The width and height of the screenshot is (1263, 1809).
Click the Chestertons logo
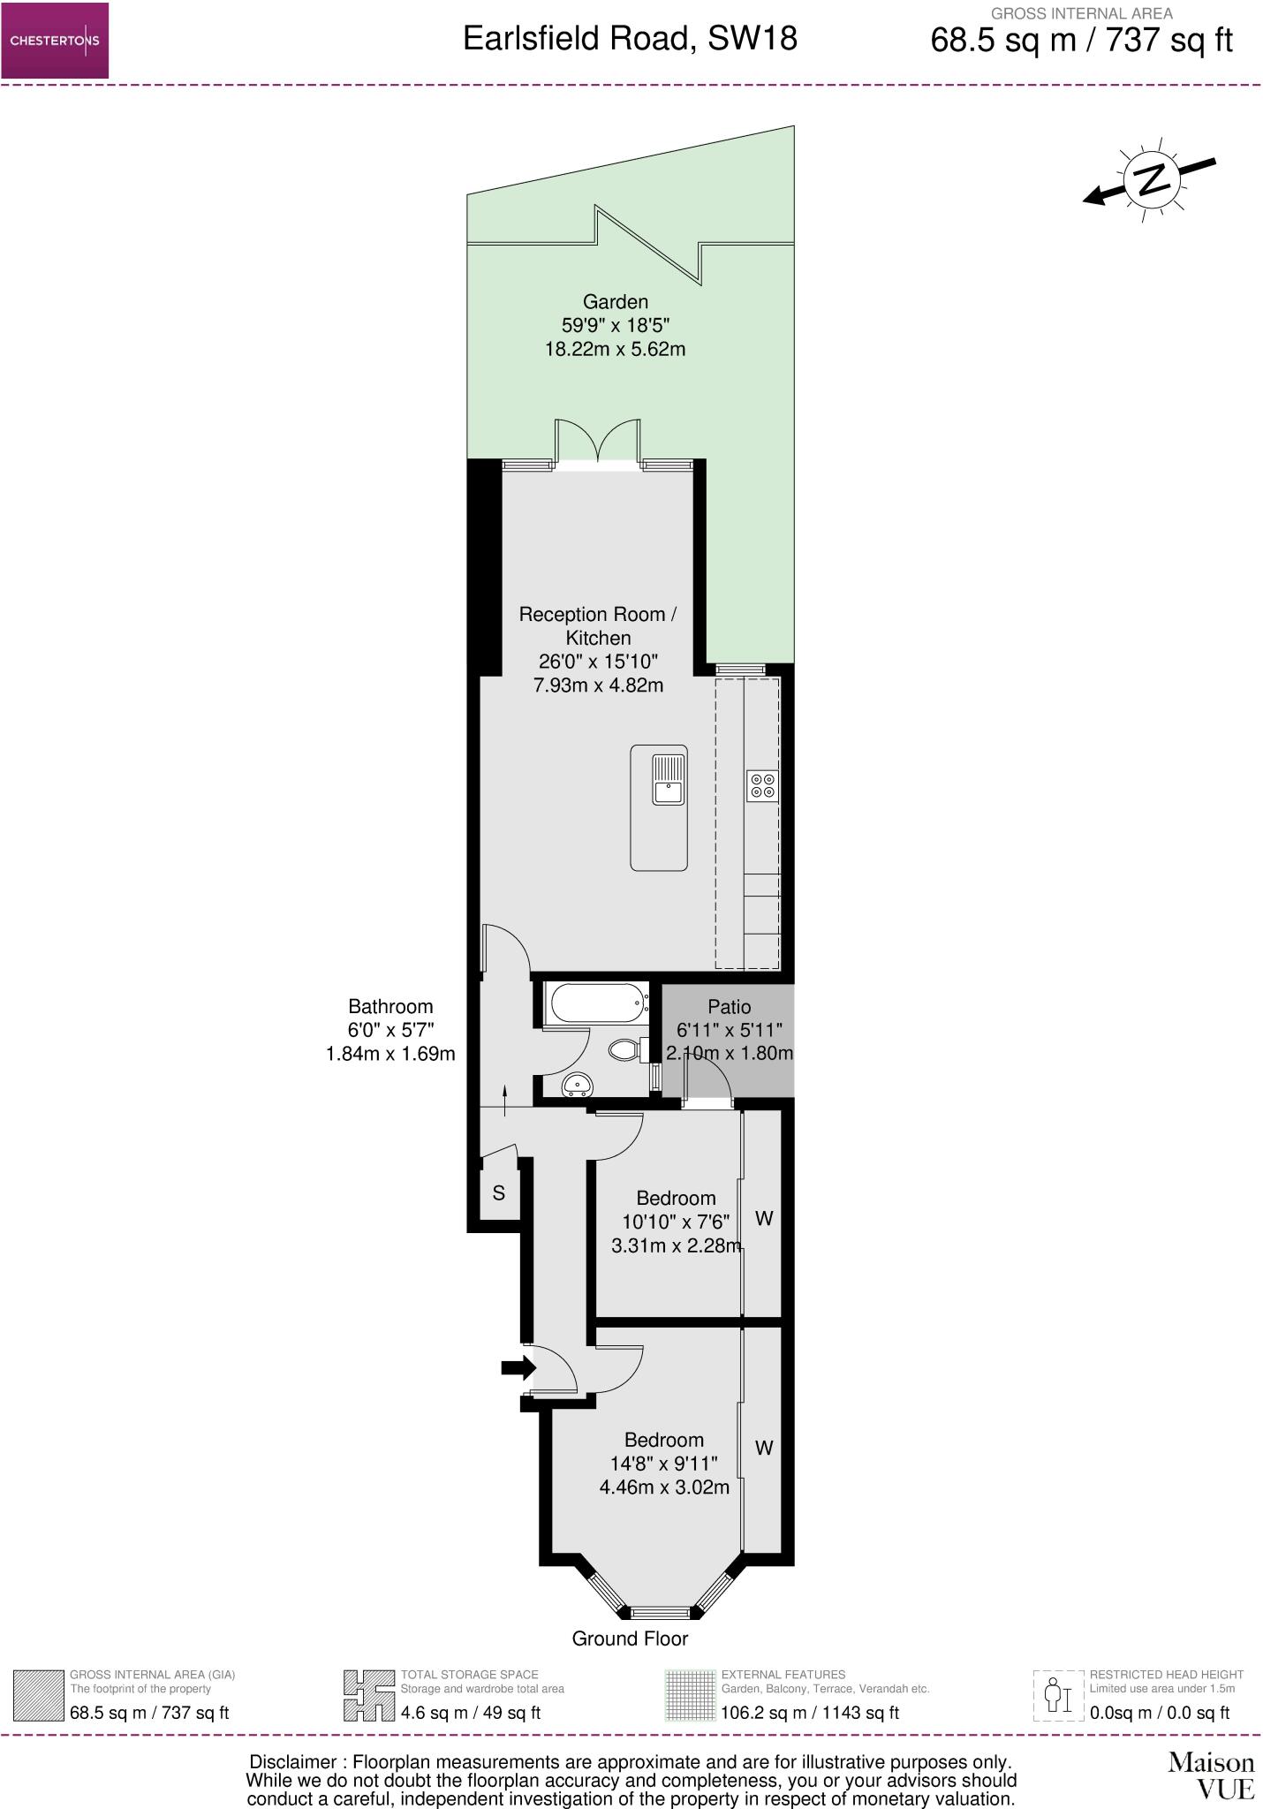55,41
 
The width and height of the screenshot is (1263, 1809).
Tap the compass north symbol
1152,180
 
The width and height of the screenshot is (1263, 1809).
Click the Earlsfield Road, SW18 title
630,39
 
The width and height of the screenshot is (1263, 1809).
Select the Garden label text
615,302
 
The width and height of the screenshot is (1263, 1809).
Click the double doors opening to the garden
598,442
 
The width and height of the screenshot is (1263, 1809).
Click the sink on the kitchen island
669,780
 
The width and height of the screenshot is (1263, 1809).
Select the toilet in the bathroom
625,1049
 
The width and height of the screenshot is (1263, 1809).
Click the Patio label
730,1007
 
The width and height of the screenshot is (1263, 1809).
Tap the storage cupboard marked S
499,1193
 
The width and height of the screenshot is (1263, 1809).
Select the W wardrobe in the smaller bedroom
764,1219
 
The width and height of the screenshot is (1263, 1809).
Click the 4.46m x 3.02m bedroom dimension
664,1487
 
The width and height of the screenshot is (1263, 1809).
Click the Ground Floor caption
630,1639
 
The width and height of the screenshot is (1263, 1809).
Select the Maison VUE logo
1211,1775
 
